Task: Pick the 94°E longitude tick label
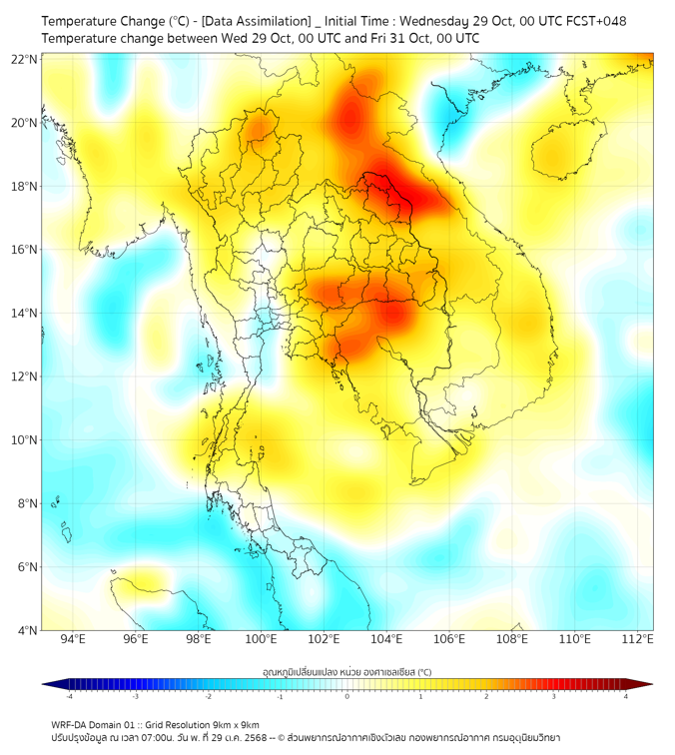[x=73, y=639]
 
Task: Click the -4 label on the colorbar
[x=69, y=696]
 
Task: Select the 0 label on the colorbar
[x=347, y=696]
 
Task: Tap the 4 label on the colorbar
[x=626, y=696]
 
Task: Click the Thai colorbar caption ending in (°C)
[x=346, y=672]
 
